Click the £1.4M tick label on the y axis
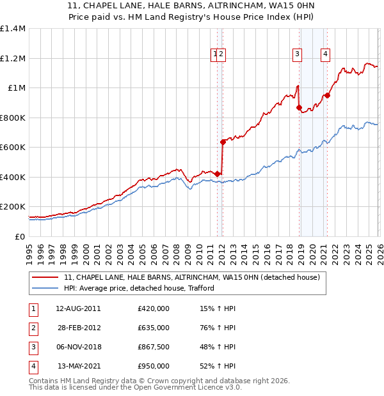pyautogui.click(x=13, y=29)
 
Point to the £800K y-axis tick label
pyautogui.click(x=13, y=118)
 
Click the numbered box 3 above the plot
pyautogui.click(x=298, y=55)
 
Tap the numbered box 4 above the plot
pyautogui.click(x=326, y=55)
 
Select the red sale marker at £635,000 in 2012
pyautogui.click(x=223, y=142)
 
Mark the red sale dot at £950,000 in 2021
pyautogui.click(x=327, y=95)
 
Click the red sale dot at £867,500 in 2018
pyautogui.click(x=299, y=108)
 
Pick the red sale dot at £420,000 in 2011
pyautogui.click(x=217, y=174)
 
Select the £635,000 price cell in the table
pyautogui.click(x=154, y=328)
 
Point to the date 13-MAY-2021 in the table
pyautogui.click(x=77, y=366)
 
